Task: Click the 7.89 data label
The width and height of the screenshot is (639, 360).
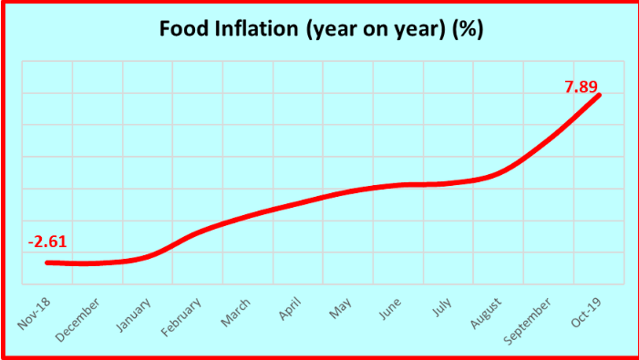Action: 582,87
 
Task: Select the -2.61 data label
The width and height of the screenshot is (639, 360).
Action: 47,242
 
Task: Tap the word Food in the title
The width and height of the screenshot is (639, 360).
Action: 180,29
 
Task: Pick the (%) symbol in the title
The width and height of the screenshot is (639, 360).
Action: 468,29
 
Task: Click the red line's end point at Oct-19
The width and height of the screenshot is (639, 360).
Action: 598,95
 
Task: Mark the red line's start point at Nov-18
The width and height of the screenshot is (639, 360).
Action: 47,262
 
